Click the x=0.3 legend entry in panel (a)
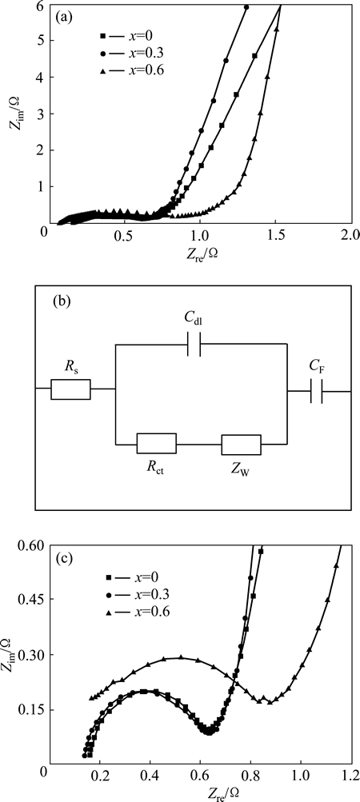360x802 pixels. coord(122,54)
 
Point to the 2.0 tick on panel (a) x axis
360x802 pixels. coord(351,237)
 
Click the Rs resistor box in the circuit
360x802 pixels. coord(70,389)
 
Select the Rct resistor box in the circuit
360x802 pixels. coord(157,444)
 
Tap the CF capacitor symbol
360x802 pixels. coord(317,391)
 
